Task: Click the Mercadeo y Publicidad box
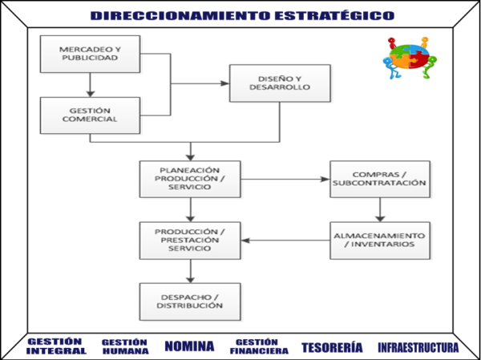[x=90, y=54]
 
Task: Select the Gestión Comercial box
[x=90, y=115]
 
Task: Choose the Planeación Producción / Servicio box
[x=190, y=179]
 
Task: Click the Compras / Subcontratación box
[x=379, y=179]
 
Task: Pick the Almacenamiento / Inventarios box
[x=379, y=240]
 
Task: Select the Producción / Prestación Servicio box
[x=190, y=240]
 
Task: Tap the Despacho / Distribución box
[x=190, y=301]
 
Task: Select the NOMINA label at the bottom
[x=189, y=346]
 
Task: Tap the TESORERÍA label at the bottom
[x=332, y=347]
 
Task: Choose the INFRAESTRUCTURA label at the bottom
[x=418, y=347]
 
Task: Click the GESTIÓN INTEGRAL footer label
[x=56, y=346]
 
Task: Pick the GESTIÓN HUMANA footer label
[x=125, y=346]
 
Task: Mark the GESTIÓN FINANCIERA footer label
[x=259, y=346]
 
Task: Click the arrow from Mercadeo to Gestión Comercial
[x=90, y=84]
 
